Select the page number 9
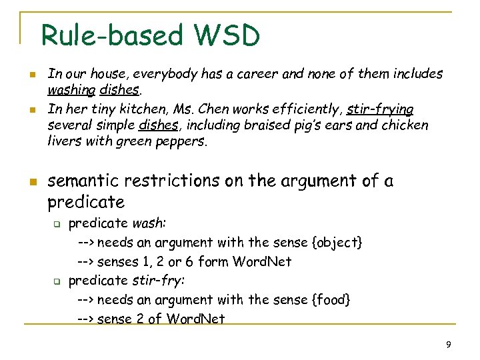click(449, 345)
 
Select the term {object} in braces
click(338, 243)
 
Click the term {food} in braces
click(331, 300)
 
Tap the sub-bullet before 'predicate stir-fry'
click(57, 281)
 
